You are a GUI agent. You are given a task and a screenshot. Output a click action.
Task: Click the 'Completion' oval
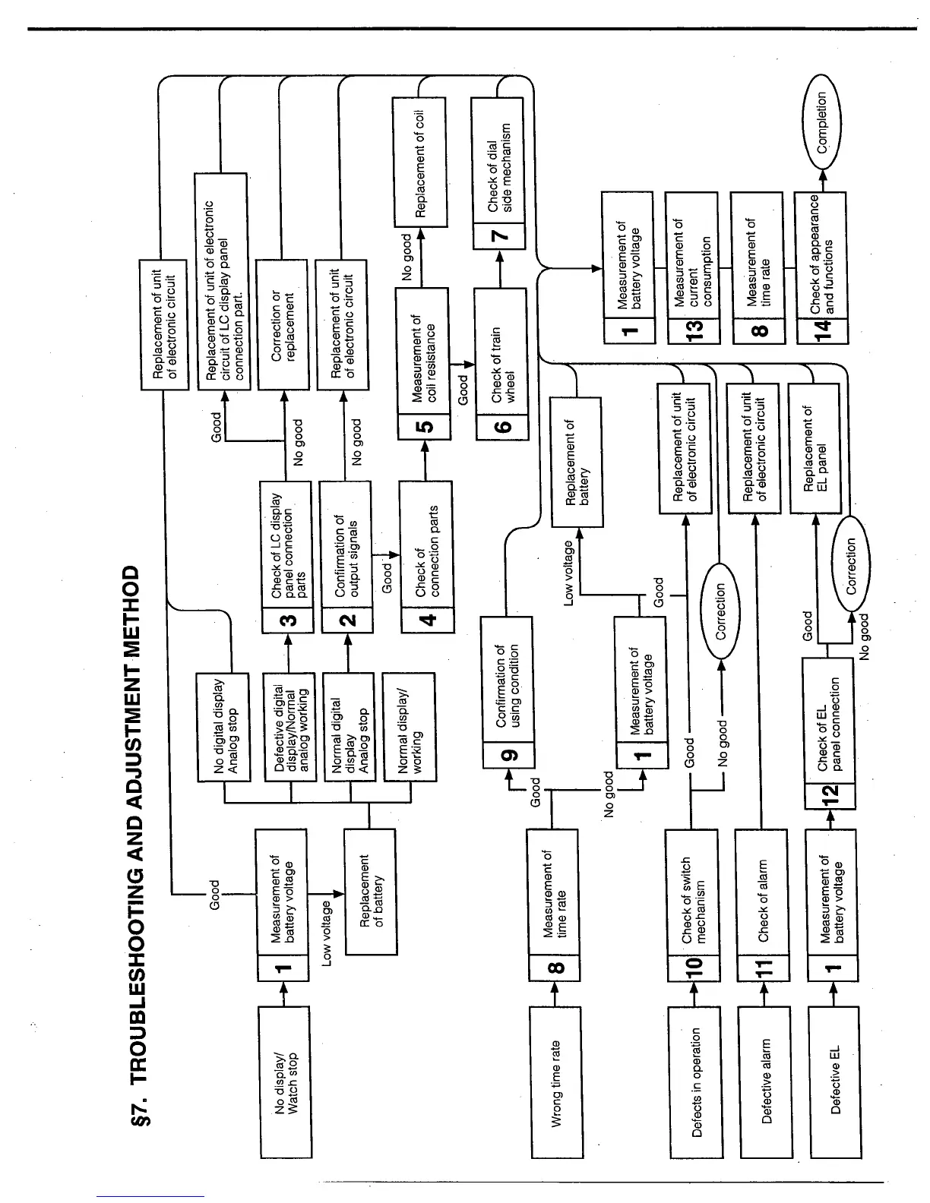point(821,122)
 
